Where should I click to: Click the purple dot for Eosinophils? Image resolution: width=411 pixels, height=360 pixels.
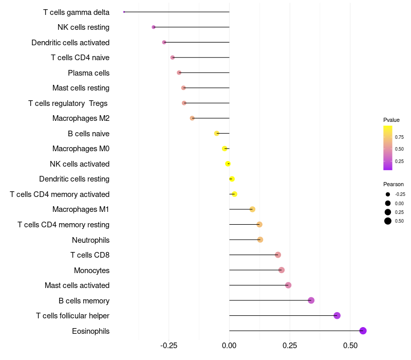coord(363,331)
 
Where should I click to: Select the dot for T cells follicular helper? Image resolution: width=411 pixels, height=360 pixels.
coord(337,316)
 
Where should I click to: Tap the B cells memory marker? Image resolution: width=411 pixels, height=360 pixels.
coord(311,300)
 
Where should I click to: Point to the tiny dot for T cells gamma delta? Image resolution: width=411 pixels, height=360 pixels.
coord(124,12)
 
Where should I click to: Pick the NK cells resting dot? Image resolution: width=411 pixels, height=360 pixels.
coord(154,27)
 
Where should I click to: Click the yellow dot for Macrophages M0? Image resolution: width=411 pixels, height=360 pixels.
coord(225,149)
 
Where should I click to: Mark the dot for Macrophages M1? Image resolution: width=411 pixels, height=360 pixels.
coord(252,209)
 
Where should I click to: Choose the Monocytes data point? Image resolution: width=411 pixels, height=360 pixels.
coord(281,270)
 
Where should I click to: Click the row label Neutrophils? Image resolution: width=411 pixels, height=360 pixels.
coord(90,240)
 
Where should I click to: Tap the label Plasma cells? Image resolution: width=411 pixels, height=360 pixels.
coord(88,73)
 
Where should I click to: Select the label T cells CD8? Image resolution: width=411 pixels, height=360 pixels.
coord(89,255)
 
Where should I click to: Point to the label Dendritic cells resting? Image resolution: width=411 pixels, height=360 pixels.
coord(74,179)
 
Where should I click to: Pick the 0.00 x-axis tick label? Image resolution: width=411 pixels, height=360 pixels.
coord(229,346)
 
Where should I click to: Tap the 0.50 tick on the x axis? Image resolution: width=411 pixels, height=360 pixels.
coord(350,346)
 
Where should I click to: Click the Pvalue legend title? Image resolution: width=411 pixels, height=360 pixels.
coord(391,120)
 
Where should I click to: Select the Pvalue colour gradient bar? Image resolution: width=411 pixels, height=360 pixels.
coord(388,148)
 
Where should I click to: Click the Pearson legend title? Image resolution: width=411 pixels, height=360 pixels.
coord(394,184)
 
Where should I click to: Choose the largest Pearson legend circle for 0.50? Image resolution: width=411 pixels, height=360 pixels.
coord(388,221)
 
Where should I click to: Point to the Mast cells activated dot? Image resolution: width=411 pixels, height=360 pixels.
coord(288,285)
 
